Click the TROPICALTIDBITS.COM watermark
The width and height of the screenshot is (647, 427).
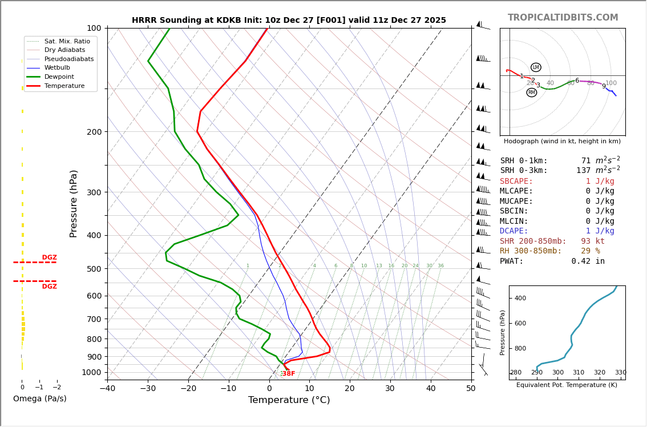coord(563,18)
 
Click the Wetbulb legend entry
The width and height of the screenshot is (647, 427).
coord(60,68)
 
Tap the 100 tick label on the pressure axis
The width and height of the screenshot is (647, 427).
coord(94,28)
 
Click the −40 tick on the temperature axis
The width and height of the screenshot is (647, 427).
coord(107,389)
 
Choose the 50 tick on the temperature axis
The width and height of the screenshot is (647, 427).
coord(471,389)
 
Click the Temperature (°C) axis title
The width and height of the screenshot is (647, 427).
coord(289,400)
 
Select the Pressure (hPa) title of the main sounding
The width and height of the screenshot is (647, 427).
coord(74,203)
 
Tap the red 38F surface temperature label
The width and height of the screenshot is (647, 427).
coord(289,374)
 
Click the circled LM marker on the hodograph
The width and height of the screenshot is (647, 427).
coord(536,67)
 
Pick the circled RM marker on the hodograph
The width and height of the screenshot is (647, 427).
coord(532,92)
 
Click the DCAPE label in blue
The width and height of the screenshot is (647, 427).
coord(516,231)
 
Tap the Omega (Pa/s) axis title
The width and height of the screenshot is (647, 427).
coord(39,399)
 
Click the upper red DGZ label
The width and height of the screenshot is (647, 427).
coord(49,257)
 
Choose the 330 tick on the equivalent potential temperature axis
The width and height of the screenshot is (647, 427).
coord(620,373)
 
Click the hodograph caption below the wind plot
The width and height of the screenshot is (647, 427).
coord(562,141)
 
